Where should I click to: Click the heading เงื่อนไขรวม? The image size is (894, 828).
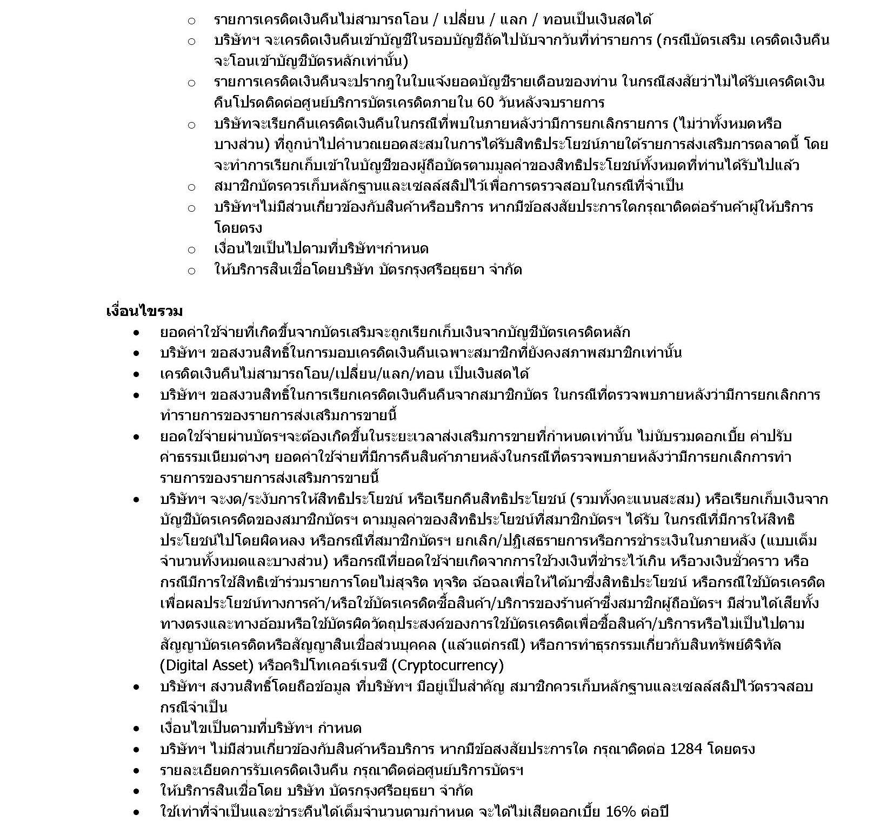click(144, 312)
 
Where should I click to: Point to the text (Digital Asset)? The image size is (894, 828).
click(207, 665)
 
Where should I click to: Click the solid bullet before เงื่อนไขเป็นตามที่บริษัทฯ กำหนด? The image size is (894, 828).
click(137, 729)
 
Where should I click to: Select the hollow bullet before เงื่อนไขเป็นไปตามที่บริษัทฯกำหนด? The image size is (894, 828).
click(191, 250)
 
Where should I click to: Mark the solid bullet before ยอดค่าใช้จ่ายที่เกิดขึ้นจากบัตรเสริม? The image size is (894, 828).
click(137, 333)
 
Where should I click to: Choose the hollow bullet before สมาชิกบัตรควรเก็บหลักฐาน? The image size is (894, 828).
click(191, 187)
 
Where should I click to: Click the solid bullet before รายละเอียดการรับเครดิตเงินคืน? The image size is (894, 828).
click(137, 770)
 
